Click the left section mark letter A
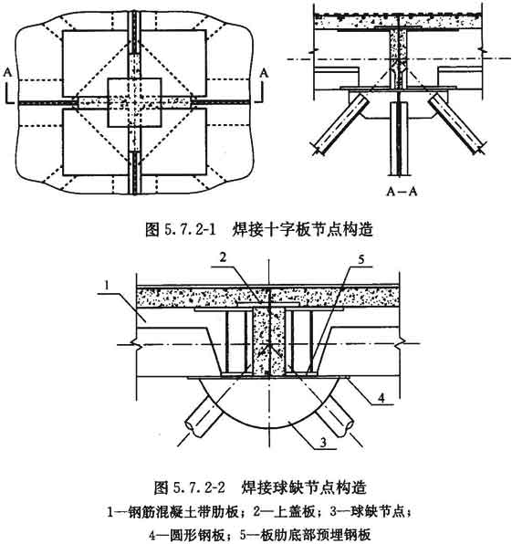[x=8, y=72]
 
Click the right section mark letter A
[x=265, y=72]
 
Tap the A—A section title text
[x=402, y=191]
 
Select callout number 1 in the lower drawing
[x=107, y=286]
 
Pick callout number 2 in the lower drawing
[x=223, y=257]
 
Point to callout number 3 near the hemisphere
[x=323, y=443]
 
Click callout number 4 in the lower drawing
[x=381, y=398]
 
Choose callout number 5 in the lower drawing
[x=361, y=259]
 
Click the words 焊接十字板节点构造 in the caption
[x=302, y=229]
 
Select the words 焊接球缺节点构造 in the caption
[x=304, y=487]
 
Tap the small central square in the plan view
[x=134, y=103]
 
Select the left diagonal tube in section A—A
[x=341, y=124]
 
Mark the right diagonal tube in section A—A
[x=455, y=124]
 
